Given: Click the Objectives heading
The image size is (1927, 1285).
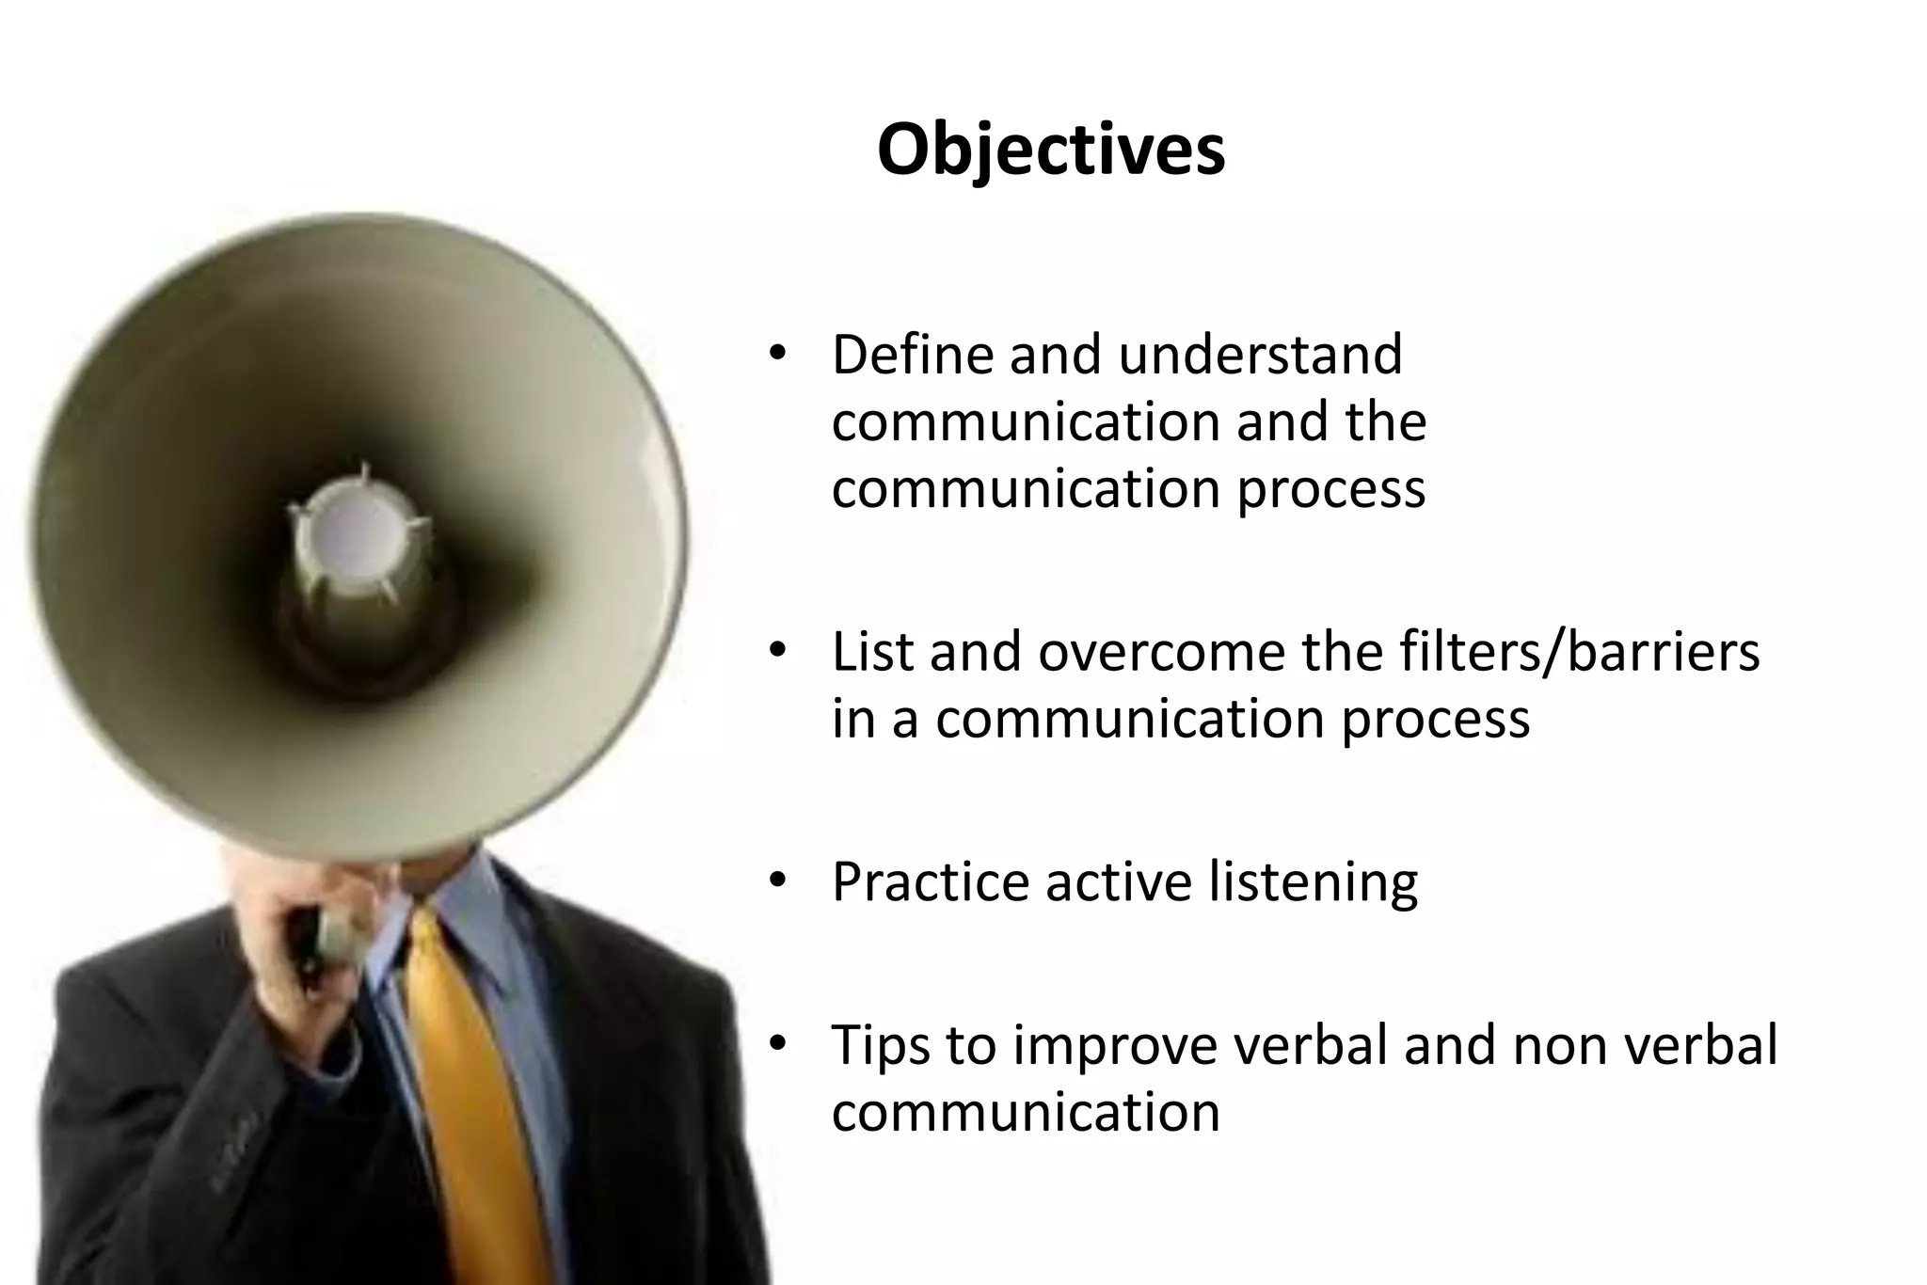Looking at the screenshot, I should (x=1051, y=150).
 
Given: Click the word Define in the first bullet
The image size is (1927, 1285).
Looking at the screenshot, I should (x=913, y=355).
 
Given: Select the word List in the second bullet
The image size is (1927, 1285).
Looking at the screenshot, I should (x=872, y=651).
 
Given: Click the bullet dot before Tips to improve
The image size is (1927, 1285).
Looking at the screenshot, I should (x=776, y=1044).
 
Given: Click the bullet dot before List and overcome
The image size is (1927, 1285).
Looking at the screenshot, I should (x=776, y=651).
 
